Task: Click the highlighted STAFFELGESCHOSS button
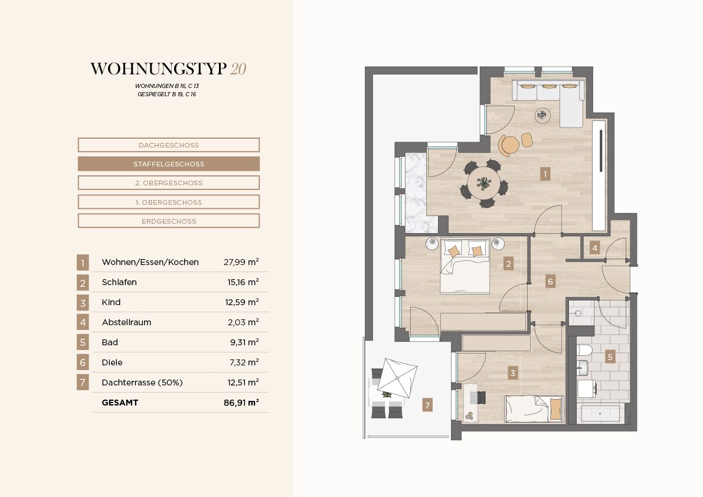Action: pyautogui.click(x=169, y=164)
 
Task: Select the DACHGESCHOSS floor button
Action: pyautogui.click(x=169, y=145)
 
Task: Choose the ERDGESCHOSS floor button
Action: pyautogui.click(x=169, y=221)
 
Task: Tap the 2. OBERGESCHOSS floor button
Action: pyautogui.click(x=169, y=183)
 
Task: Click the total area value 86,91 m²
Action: pyautogui.click(x=241, y=403)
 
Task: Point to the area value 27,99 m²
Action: pyautogui.click(x=241, y=262)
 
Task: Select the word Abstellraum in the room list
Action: pyautogui.click(x=126, y=322)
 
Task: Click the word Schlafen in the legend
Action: pyautogui.click(x=119, y=282)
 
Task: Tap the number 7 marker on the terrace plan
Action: pyautogui.click(x=427, y=405)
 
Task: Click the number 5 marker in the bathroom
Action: pyautogui.click(x=610, y=357)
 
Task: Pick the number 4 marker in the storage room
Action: pyautogui.click(x=594, y=248)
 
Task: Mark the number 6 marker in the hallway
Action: pyautogui.click(x=550, y=282)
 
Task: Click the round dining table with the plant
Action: pyautogui.click(x=484, y=184)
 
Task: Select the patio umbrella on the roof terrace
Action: pyautogui.click(x=397, y=378)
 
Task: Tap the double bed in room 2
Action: pyautogui.click(x=465, y=266)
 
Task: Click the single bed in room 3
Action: pyautogui.click(x=534, y=408)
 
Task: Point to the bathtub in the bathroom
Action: pyautogui.click(x=600, y=414)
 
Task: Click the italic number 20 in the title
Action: pyautogui.click(x=238, y=68)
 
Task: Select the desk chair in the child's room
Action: pyautogui.click(x=481, y=397)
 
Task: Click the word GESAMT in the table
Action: pyautogui.click(x=120, y=403)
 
